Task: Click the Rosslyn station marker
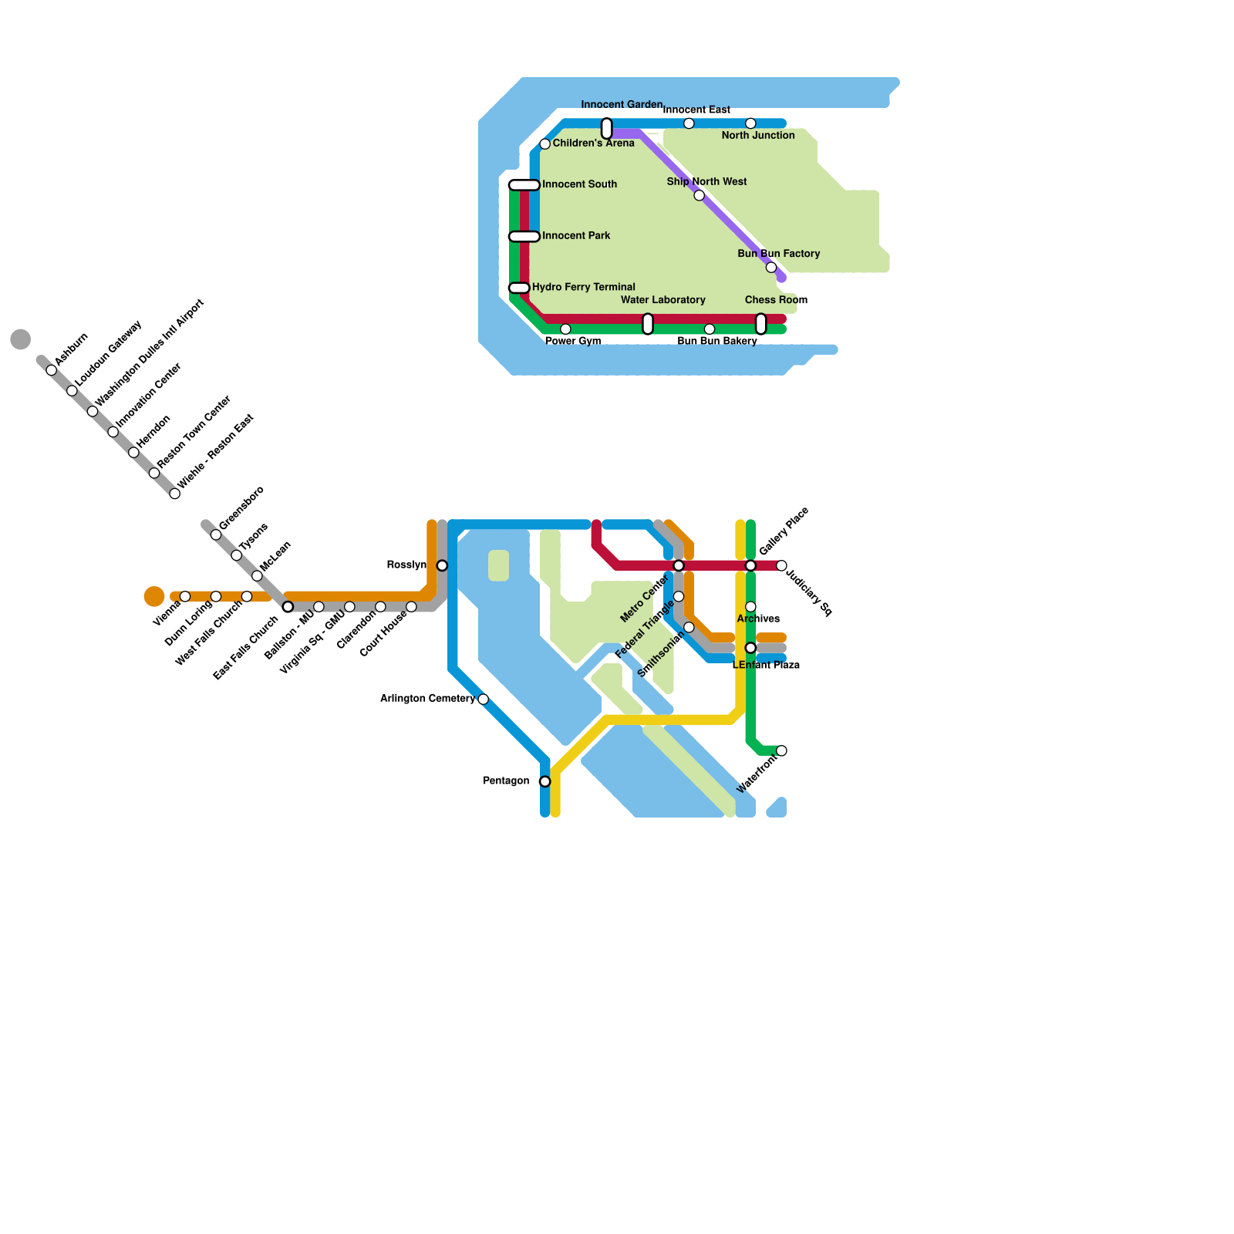point(442,566)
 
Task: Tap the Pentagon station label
point(506,781)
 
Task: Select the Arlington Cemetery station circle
point(483,700)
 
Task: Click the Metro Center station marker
point(679,566)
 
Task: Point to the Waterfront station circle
point(781,751)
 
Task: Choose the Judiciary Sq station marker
point(781,566)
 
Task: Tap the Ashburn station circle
point(52,370)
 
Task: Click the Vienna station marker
point(185,597)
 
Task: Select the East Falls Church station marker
point(288,607)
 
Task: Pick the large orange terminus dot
point(154,597)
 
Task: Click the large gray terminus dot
point(21,339)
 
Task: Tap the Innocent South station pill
point(524,185)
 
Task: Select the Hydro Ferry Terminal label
point(584,287)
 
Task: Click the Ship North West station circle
point(699,195)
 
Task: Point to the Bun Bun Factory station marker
point(771,268)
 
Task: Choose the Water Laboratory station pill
point(648,324)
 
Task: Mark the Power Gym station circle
point(565,329)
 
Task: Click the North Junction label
point(758,136)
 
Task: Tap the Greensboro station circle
point(216,535)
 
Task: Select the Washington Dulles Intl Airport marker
point(93,411)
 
